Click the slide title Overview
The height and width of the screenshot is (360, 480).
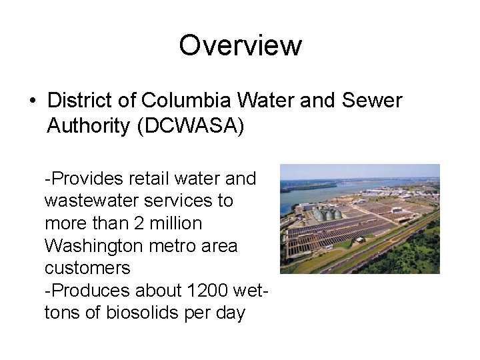240,46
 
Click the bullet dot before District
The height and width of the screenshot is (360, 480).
32,101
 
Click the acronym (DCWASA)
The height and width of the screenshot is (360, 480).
191,126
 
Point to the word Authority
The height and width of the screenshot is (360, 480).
89,126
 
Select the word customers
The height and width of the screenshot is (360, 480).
87,268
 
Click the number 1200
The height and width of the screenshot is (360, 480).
207,290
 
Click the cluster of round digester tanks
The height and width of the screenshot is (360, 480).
327,215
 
